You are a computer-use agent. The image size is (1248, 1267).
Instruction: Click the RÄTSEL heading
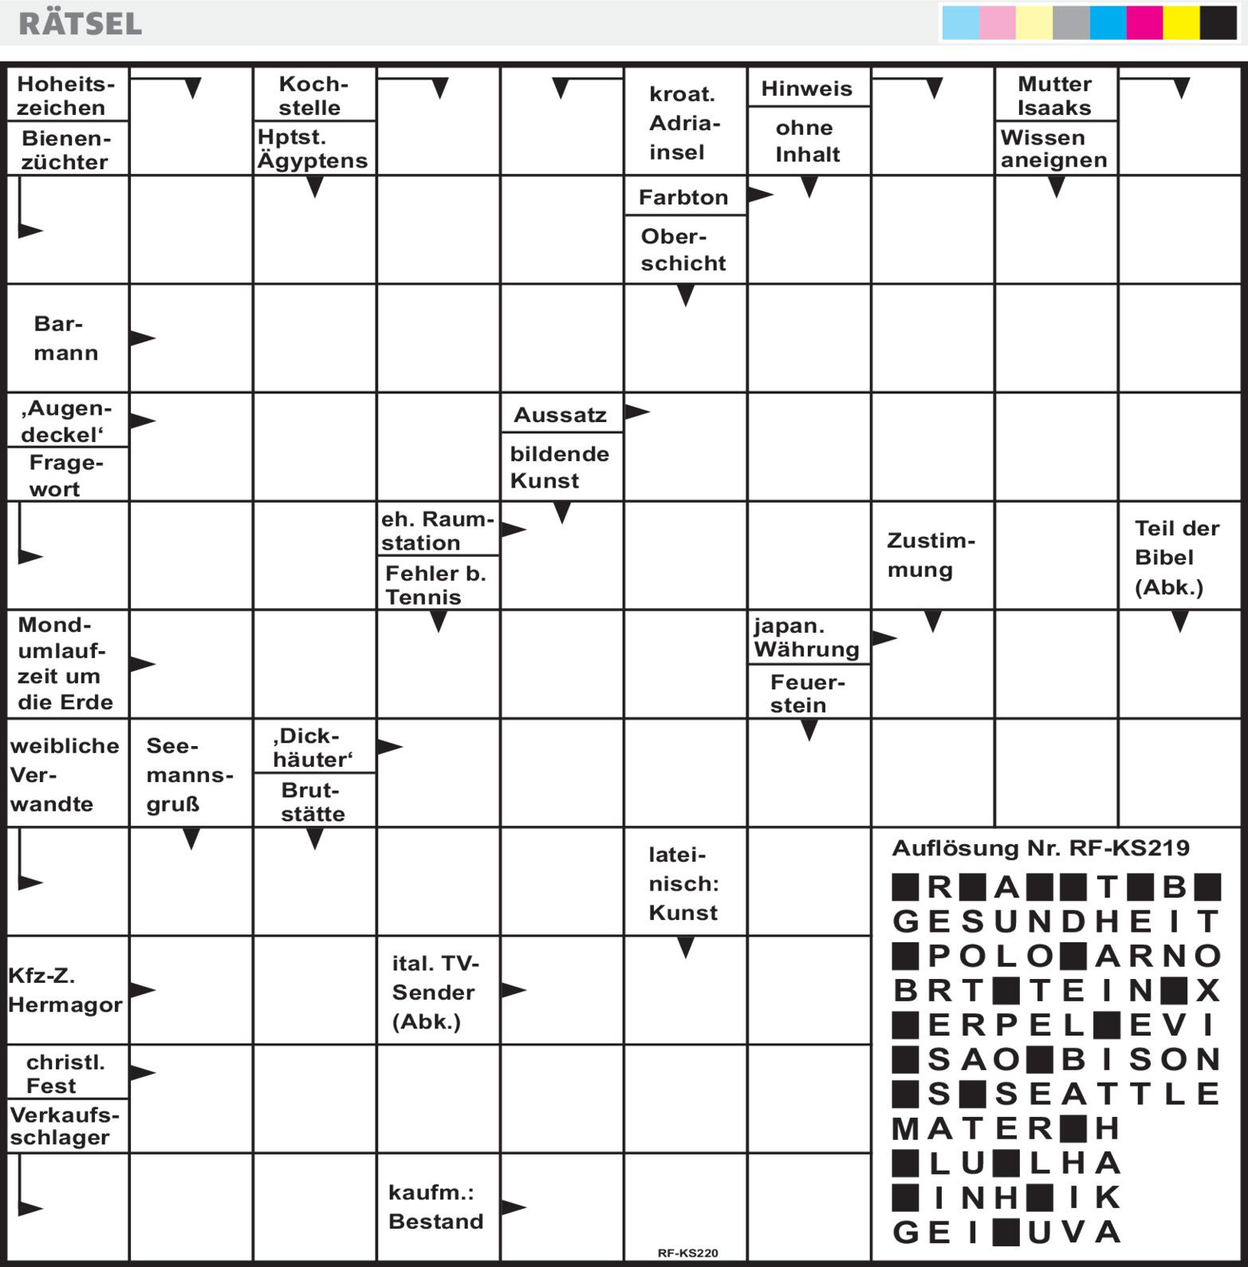80,23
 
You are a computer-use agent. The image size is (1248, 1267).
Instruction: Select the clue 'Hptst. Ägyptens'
313,148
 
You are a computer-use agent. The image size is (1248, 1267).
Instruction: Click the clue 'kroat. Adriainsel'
684,123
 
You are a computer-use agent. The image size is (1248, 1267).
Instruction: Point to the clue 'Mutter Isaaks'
1054,96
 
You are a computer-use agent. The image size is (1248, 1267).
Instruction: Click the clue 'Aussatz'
560,415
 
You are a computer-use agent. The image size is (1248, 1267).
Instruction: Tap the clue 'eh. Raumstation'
437,531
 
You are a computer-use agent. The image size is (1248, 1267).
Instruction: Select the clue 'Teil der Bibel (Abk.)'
1176,558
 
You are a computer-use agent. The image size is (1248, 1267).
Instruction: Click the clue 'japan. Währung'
806,637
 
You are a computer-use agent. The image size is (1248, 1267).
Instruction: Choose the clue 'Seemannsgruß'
189,775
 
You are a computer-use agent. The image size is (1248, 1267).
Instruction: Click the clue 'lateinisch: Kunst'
683,883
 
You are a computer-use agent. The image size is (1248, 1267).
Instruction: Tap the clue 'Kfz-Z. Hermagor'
65,990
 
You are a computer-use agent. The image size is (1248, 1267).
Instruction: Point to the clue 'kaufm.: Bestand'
435,1207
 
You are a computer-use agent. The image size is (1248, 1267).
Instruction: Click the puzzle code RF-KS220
687,1253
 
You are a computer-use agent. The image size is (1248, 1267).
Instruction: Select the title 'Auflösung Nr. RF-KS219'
1040,848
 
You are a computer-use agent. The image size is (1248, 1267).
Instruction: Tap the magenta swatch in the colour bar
1144,22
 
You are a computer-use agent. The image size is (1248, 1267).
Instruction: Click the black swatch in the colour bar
1218,22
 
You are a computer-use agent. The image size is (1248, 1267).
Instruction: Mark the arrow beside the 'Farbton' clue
761,194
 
